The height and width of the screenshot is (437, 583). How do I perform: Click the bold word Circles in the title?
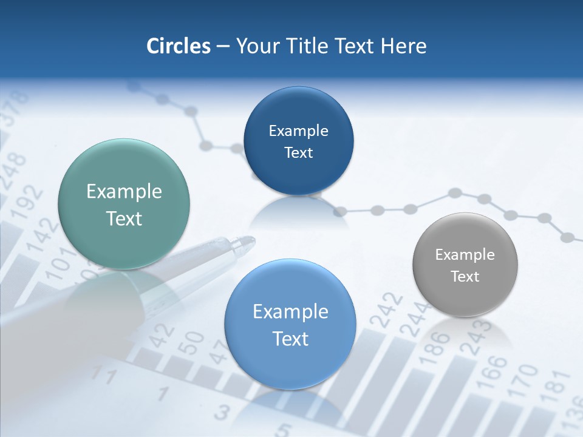tap(179, 46)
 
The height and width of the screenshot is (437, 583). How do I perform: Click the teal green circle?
tap(124, 204)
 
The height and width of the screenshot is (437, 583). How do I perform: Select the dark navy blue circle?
tap(298, 141)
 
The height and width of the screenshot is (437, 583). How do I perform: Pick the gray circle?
tap(465, 265)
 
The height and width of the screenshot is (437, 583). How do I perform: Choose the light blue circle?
tap(290, 324)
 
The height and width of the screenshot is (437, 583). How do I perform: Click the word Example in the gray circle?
tap(465, 255)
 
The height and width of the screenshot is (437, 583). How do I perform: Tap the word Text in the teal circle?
tap(124, 218)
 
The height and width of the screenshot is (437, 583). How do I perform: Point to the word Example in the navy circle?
tap(298, 131)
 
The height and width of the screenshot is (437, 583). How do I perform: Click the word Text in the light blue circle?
tap(290, 339)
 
